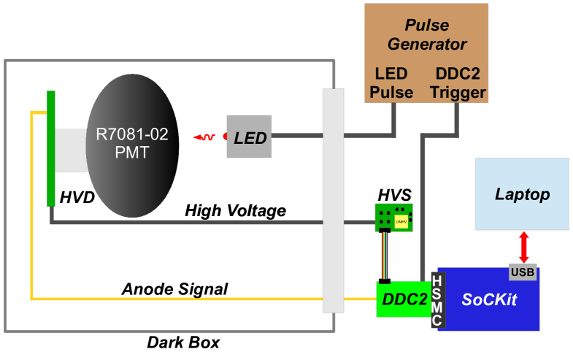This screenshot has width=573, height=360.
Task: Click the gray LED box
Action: (x=249, y=137)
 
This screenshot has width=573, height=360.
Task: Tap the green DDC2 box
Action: (x=402, y=299)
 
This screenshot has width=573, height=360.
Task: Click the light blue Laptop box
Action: (x=521, y=194)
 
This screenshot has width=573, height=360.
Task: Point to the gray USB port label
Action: (x=522, y=272)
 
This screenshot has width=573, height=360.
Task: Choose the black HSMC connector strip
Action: (x=437, y=300)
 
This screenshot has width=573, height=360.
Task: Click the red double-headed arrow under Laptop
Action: (x=523, y=247)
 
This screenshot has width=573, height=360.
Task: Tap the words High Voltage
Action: (x=235, y=211)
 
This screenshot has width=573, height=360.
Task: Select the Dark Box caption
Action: (x=183, y=342)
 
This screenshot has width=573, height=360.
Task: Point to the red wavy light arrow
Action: (x=205, y=137)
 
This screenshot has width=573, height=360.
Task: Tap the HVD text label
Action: (x=77, y=196)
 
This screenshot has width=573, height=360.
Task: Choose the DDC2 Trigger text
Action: (x=458, y=83)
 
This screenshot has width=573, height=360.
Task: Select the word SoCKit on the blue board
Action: (x=490, y=299)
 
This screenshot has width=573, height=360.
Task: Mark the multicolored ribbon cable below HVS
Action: (x=385, y=255)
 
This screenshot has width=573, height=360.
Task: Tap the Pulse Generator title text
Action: (x=426, y=36)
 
